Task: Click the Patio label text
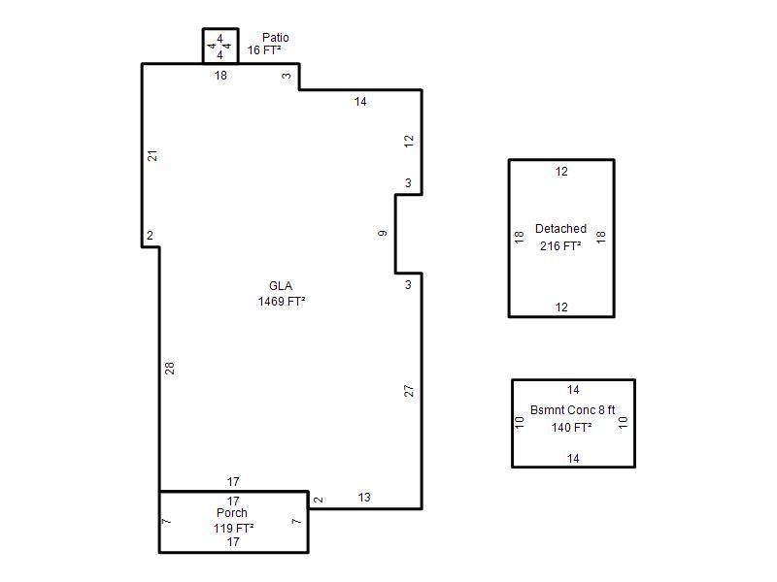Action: click(276, 38)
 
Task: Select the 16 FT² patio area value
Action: click(264, 50)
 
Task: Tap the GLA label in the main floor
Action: click(281, 286)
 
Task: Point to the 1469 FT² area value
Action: click(282, 302)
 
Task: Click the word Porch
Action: click(232, 513)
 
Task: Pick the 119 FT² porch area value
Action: click(233, 528)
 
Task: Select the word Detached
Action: click(560, 229)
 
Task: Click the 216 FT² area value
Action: click(560, 246)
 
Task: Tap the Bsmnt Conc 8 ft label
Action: click(572, 410)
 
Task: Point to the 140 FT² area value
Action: click(571, 427)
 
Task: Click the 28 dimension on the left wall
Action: click(170, 369)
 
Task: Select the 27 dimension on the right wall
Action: click(409, 391)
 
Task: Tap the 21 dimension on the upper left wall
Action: click(152, 155)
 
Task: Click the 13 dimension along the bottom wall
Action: click(364, 498)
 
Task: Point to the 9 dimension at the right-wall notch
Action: click(383, 233)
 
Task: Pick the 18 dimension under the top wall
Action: click(220, 76)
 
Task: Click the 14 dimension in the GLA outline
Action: click(360, 102)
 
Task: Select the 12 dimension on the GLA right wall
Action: click(409, 141)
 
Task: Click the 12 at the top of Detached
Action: click(561, 172)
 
